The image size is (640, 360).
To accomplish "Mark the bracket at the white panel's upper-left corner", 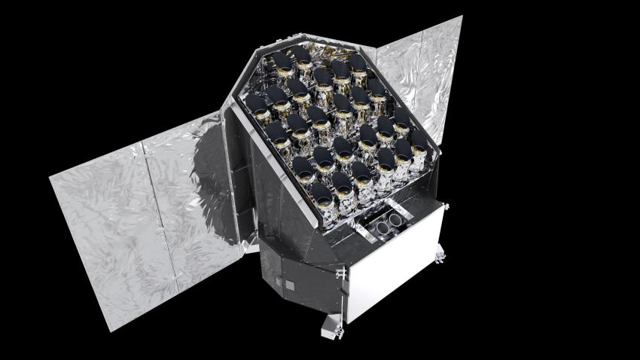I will click(343, 270).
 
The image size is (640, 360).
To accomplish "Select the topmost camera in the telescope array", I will click(301, 56).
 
